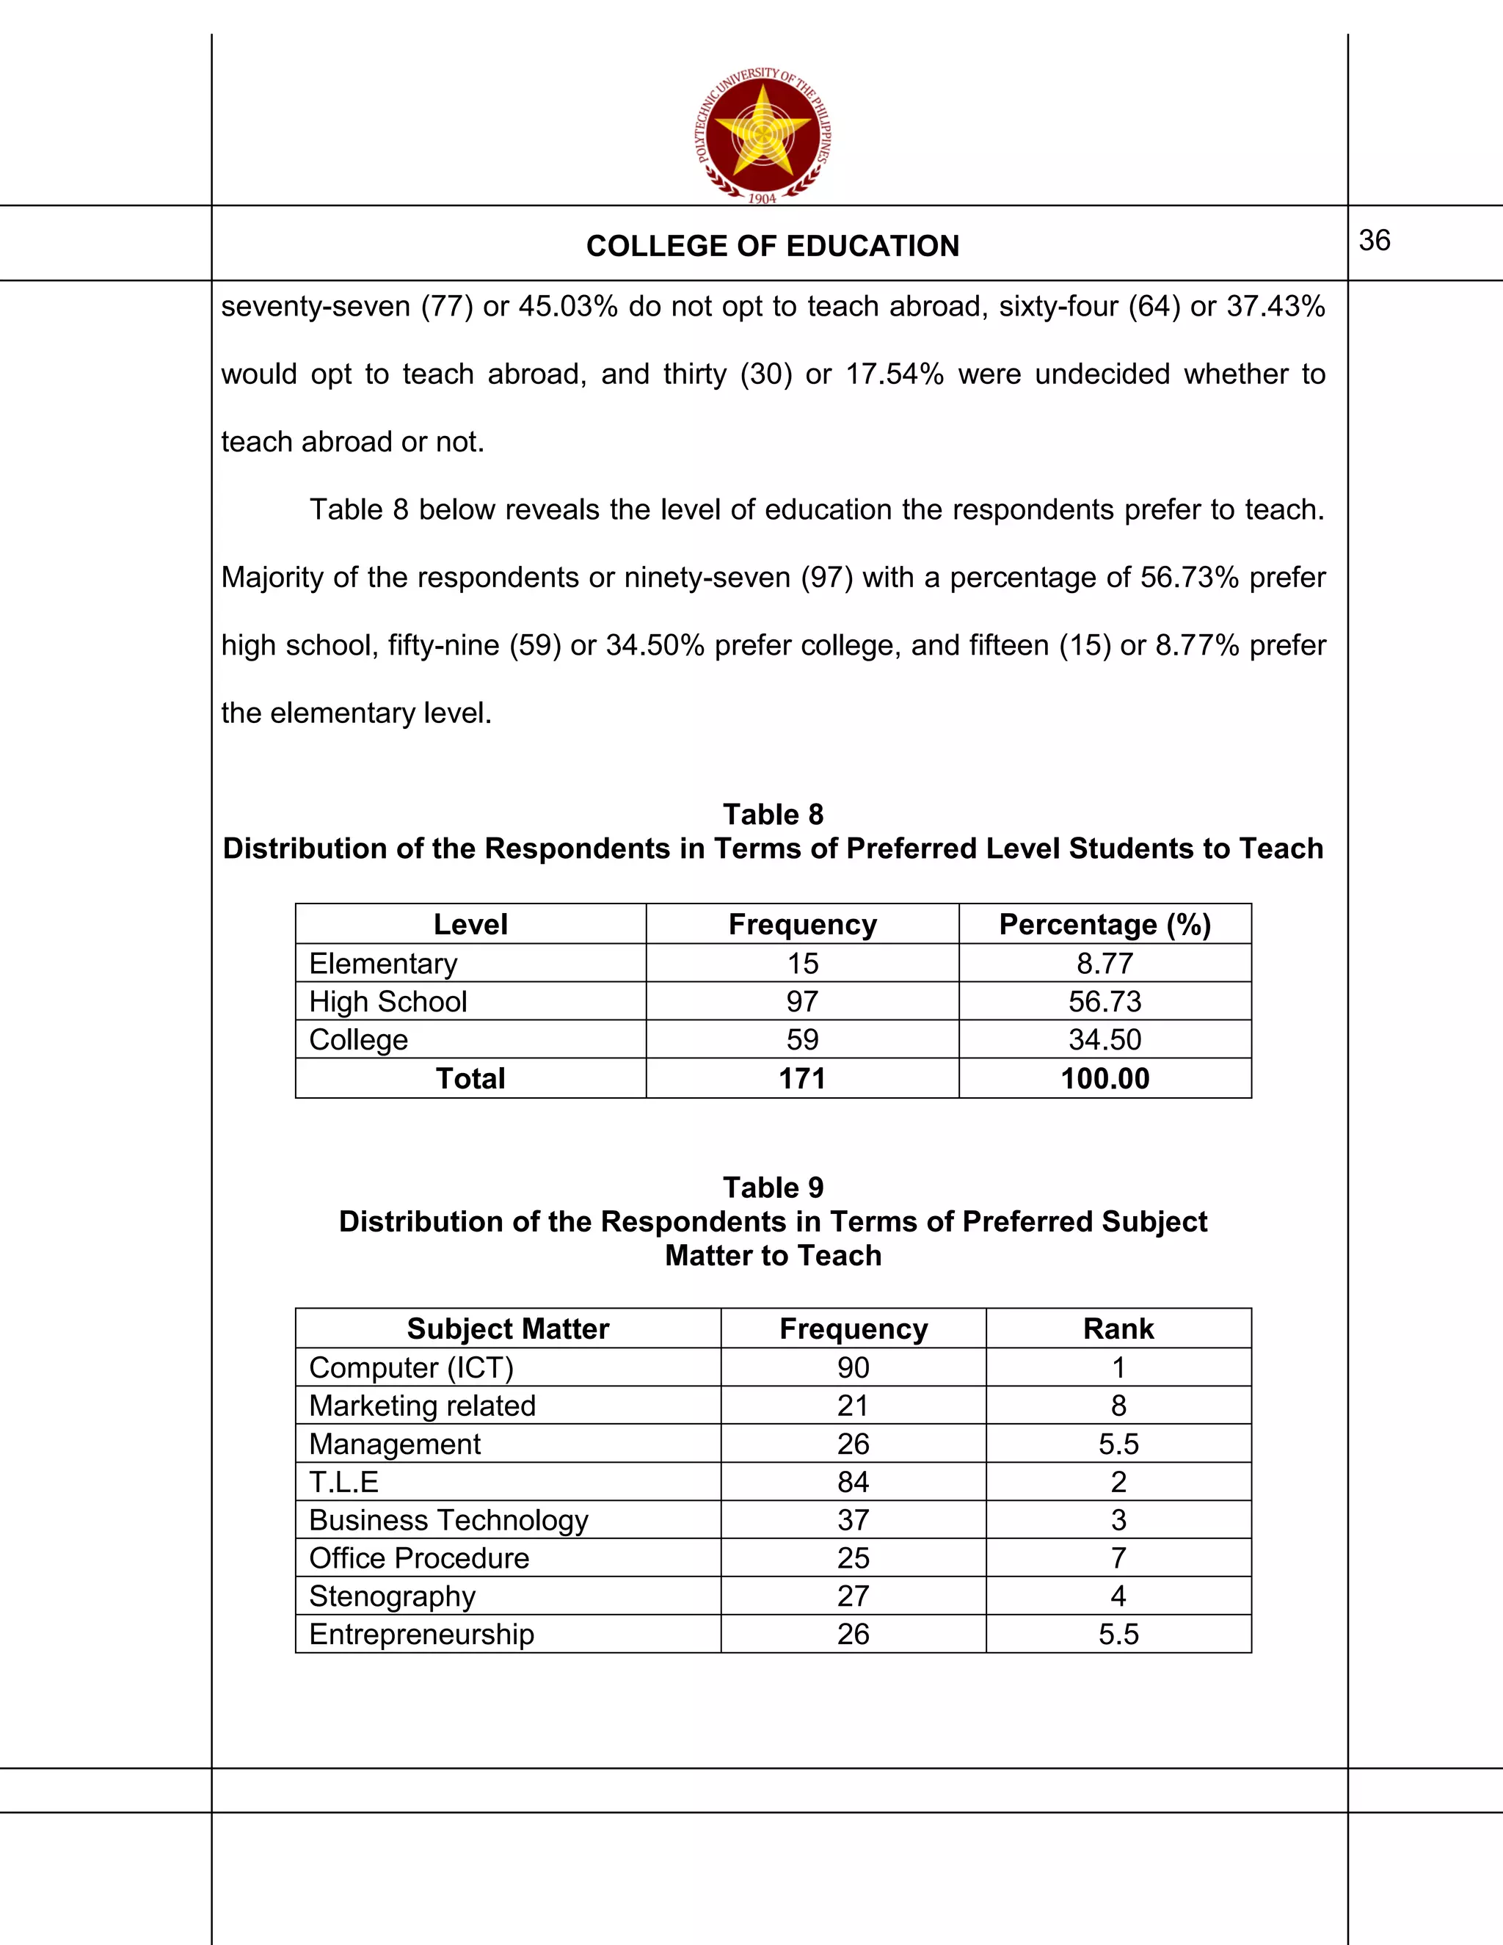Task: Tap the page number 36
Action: pyautogui.click(x=1374, y=241)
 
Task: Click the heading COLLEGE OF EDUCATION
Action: pyautogui.click(x=772, y=246)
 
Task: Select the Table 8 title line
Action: pyautogui.click(x=772, y=814)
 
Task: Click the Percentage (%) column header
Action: pyautogui.click(x=1104, y=924)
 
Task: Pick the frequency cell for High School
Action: pyautogui.click(x=801, y=1001)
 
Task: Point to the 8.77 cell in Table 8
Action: pyautogui.click(x=1104, y=964)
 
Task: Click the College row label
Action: pyautogui.click(x=358, y=1039)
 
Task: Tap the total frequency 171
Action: pyautogui.click(x=801, y=1078)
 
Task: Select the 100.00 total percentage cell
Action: pyautogui.click(x=1104, y=1078)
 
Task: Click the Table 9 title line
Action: pyautogui.click(x=772, y=1187)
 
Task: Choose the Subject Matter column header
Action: pyautogui.click(x=508, y=1328)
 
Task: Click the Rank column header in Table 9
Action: pyautogui.click(x=1118, y=1328)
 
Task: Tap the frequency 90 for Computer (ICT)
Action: pyautogui.click(x=852, y=1367)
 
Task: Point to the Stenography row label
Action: pyautogui.click(x=392, y=1596)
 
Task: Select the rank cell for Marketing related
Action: pyautogui.click(x=1118, y=1406)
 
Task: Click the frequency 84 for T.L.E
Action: pyautogui.click(x=852, y=1482)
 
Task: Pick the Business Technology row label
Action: pyautogui.click(x=448, y=1520)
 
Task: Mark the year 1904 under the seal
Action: pyautogui.click(x=763, y=199)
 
